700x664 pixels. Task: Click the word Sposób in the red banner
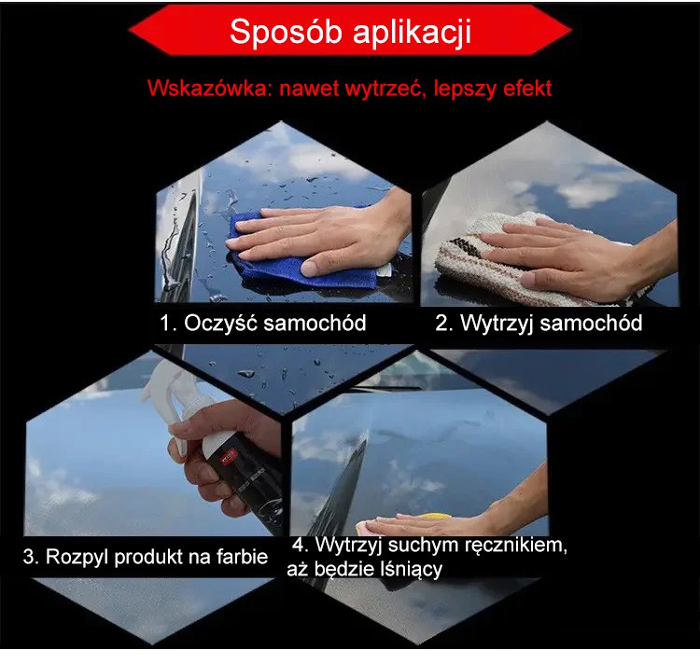click(286, 33)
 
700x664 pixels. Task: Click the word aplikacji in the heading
click(412, 33)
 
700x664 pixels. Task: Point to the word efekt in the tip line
click(527, 89)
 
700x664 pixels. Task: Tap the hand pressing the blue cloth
click(321, 236)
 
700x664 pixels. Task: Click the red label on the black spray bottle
click(229, 459)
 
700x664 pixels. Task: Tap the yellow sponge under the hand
click(435, 517)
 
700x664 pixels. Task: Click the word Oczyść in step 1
click(220, 323)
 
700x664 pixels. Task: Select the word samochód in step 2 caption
click(591, 323)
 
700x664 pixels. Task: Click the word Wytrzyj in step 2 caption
click(497, 324)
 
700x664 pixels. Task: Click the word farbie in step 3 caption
click(242, 557)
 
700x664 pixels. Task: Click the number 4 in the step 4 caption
click(300, 545)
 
